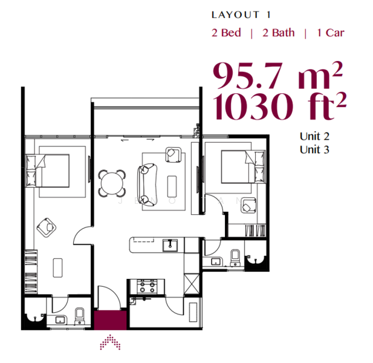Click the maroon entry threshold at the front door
110,320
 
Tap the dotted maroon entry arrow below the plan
110,342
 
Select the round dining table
112,183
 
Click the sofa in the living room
148,185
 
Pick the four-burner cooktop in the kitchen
148,287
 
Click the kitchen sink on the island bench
170,246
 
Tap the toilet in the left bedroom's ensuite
79,316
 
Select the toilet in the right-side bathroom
235,258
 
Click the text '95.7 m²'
277,75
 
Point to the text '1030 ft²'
279,106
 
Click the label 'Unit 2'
314,136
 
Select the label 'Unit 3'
314,149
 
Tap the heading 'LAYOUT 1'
241,15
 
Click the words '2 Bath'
279,33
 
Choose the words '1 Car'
331,33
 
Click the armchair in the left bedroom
47,227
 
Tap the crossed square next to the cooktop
192,284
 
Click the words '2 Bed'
226,33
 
